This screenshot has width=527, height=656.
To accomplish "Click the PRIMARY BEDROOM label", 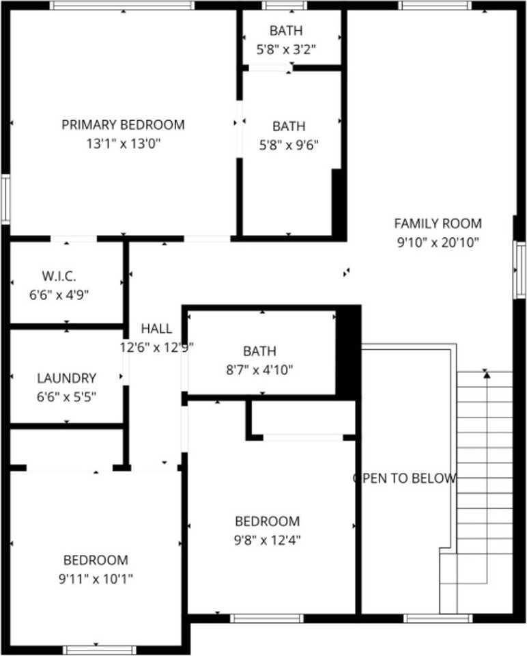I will point(123,125).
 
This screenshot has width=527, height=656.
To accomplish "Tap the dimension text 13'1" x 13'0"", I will point(123,143).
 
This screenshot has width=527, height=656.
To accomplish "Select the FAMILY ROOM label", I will point(438,223).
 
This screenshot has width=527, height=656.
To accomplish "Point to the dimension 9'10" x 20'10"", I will point(438,241).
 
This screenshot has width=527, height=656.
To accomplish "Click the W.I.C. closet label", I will point(59,276).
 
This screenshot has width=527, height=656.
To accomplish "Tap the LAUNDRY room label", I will point(66,378).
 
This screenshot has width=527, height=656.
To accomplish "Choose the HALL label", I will point(156,329).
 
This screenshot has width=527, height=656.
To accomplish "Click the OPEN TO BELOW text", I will point(404,478).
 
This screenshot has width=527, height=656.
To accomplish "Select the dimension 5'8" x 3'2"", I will point(286,49).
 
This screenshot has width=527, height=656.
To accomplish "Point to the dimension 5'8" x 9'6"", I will point(289,145).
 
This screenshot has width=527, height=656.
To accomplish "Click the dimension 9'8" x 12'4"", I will point(267,540).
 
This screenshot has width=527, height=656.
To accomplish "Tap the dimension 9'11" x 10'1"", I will point(96,579).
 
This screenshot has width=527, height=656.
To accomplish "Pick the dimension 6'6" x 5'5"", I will point(66,396).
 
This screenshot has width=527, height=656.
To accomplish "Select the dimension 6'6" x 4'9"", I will point(59,295).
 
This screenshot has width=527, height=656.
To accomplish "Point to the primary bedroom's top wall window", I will point(122,5).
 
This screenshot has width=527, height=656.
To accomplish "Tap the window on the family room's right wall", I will point(521,269).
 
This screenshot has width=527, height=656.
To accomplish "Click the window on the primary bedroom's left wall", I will point(5,199).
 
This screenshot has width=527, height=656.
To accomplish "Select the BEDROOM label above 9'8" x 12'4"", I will point(267,521).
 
